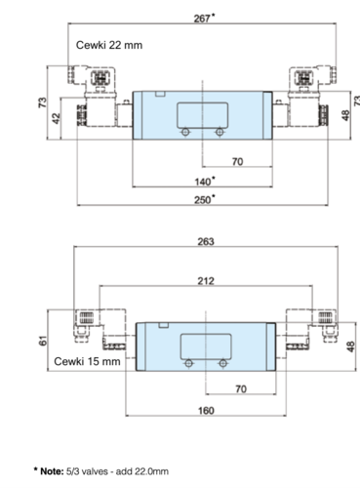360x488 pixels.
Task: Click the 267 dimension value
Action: [202, 19]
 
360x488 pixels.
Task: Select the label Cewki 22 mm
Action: [109, 45]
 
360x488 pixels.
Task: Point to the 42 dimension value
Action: [57, 118]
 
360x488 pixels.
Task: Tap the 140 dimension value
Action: [203, 182]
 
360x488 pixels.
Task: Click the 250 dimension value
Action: [202, 200]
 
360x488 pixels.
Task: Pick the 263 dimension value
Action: [206, 242]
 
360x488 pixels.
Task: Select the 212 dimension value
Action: [206, 281]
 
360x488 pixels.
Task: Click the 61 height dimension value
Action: [43, 341]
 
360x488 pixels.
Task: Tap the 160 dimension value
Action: [206, 411]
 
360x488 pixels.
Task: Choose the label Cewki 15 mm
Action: [87, 361]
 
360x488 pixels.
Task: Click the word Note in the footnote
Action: [52, 471]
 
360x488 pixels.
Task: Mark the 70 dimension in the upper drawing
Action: [237, 162]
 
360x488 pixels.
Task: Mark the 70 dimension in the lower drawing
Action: [241, 389]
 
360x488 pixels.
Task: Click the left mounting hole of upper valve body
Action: [185, 132]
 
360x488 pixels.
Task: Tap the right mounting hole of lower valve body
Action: [222, 363]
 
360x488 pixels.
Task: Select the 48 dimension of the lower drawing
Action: [350, 346]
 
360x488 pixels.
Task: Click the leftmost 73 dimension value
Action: [43, 102]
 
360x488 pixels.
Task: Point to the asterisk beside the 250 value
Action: [213, 196]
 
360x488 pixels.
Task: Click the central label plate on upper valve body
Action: [202, 115]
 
